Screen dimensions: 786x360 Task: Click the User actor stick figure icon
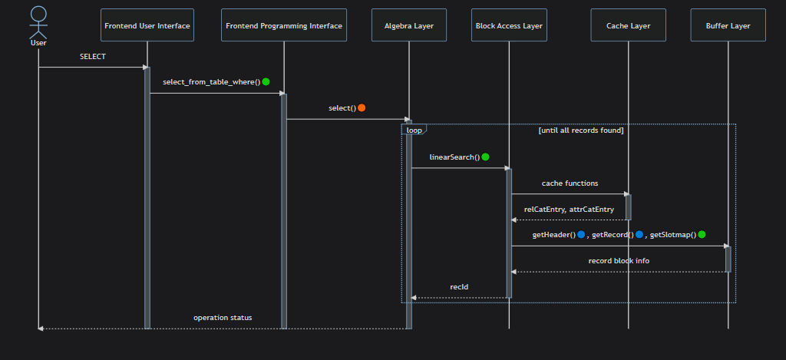tap(38, 22)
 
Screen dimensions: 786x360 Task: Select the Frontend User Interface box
tap(147, 25)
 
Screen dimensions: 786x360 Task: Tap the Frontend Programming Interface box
tap(284, 25)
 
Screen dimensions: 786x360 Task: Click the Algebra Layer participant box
tap(409, 25)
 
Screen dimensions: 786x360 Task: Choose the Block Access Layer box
tap(509, 25)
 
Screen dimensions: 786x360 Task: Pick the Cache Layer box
tap(628, 25)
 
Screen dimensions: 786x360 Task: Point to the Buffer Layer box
tap(728, 25)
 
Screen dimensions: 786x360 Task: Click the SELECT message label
tap(93, 57)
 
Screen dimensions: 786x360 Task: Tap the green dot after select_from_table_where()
tap(266, 81)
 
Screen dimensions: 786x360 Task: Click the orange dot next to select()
tap(362, 107)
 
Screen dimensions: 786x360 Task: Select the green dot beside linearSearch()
tap(485, 157)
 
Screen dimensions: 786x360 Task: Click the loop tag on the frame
tap(414, 130)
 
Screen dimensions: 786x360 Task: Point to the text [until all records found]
tap(580, 130)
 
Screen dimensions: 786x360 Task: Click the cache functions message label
tap(570, 183)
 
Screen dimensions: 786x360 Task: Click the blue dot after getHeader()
tap(582, 234)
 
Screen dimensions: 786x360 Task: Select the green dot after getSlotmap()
tap(702, 234)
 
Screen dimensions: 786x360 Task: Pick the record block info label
tap(619, 261)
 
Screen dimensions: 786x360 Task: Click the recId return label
tap(459, 287)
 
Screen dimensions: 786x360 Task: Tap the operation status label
tap(223, 317)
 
